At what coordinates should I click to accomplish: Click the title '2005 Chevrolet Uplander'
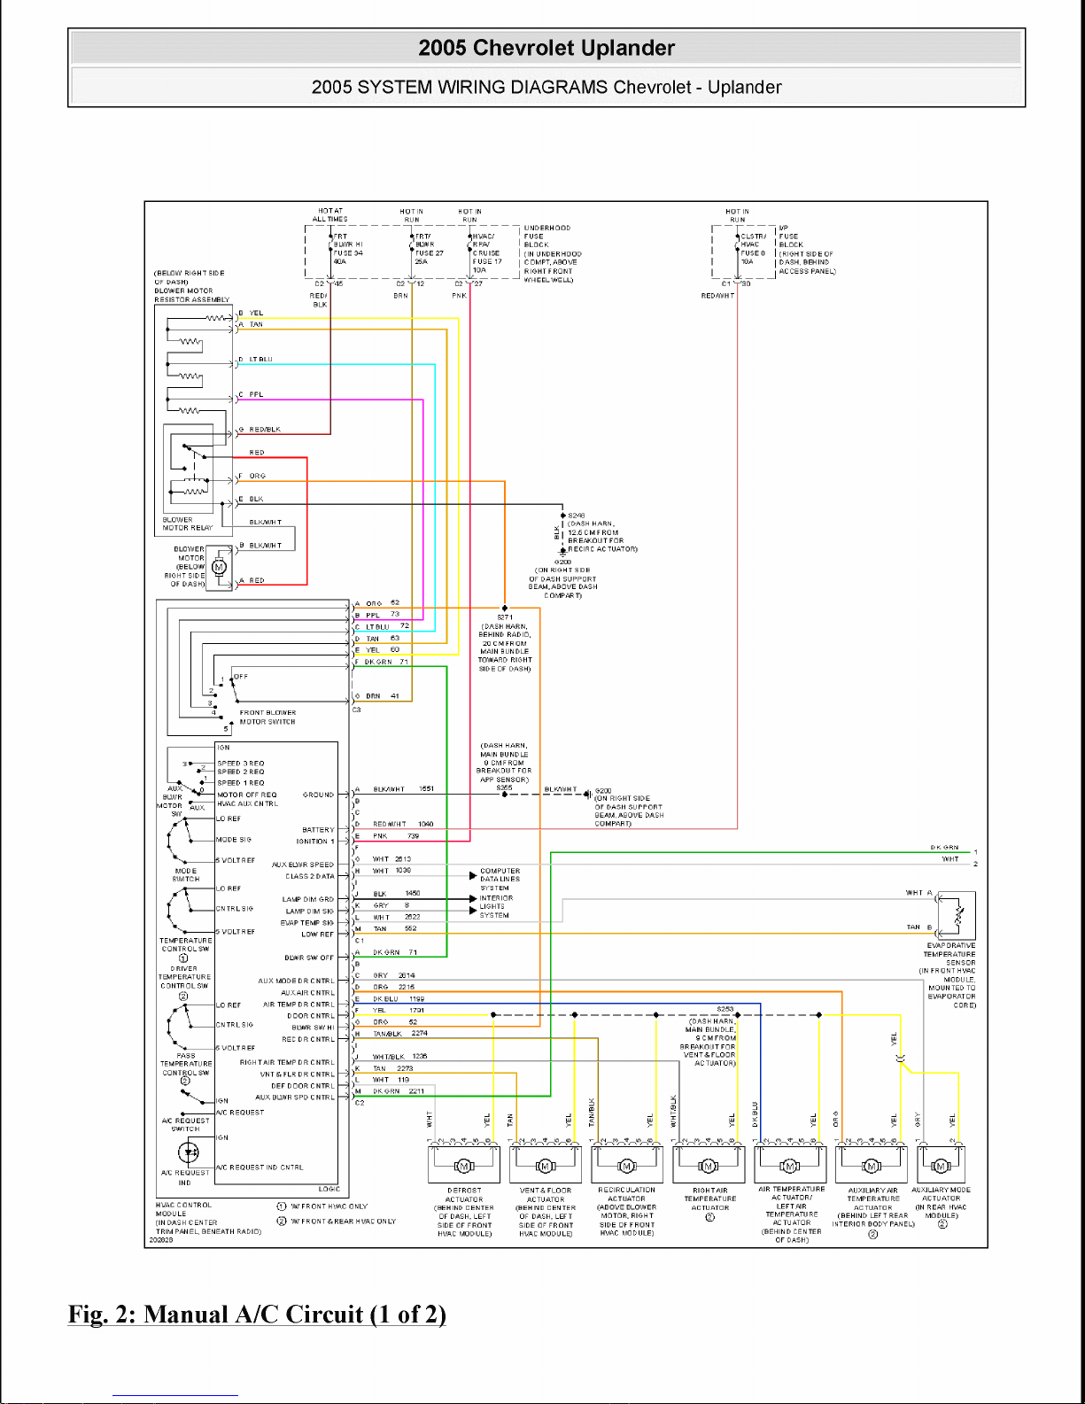[546, 48]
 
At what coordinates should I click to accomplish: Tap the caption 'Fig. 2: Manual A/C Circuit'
[257, 1314]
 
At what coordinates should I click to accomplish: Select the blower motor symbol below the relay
[220, 567]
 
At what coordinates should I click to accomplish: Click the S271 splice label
[505, 617]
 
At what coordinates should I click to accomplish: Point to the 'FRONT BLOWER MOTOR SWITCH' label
[267, 717]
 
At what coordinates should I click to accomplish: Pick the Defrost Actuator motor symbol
[464, 1166]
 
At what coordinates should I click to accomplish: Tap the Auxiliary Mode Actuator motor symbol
[942, 1166]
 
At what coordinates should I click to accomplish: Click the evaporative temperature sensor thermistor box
[957, 915]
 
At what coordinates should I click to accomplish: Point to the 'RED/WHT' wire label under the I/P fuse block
[717, 296]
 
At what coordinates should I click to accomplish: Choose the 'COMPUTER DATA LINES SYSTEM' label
[500, 879]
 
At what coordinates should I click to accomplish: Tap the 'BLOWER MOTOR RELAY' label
[188, 524]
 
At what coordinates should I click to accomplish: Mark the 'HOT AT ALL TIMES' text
[329, 215]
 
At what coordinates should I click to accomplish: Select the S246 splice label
[577, 515]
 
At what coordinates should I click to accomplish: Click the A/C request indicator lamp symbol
[189, 1152]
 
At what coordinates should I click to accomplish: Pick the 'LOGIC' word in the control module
[329, 1189]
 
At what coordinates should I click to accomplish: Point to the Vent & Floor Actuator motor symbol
[546, 1166]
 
